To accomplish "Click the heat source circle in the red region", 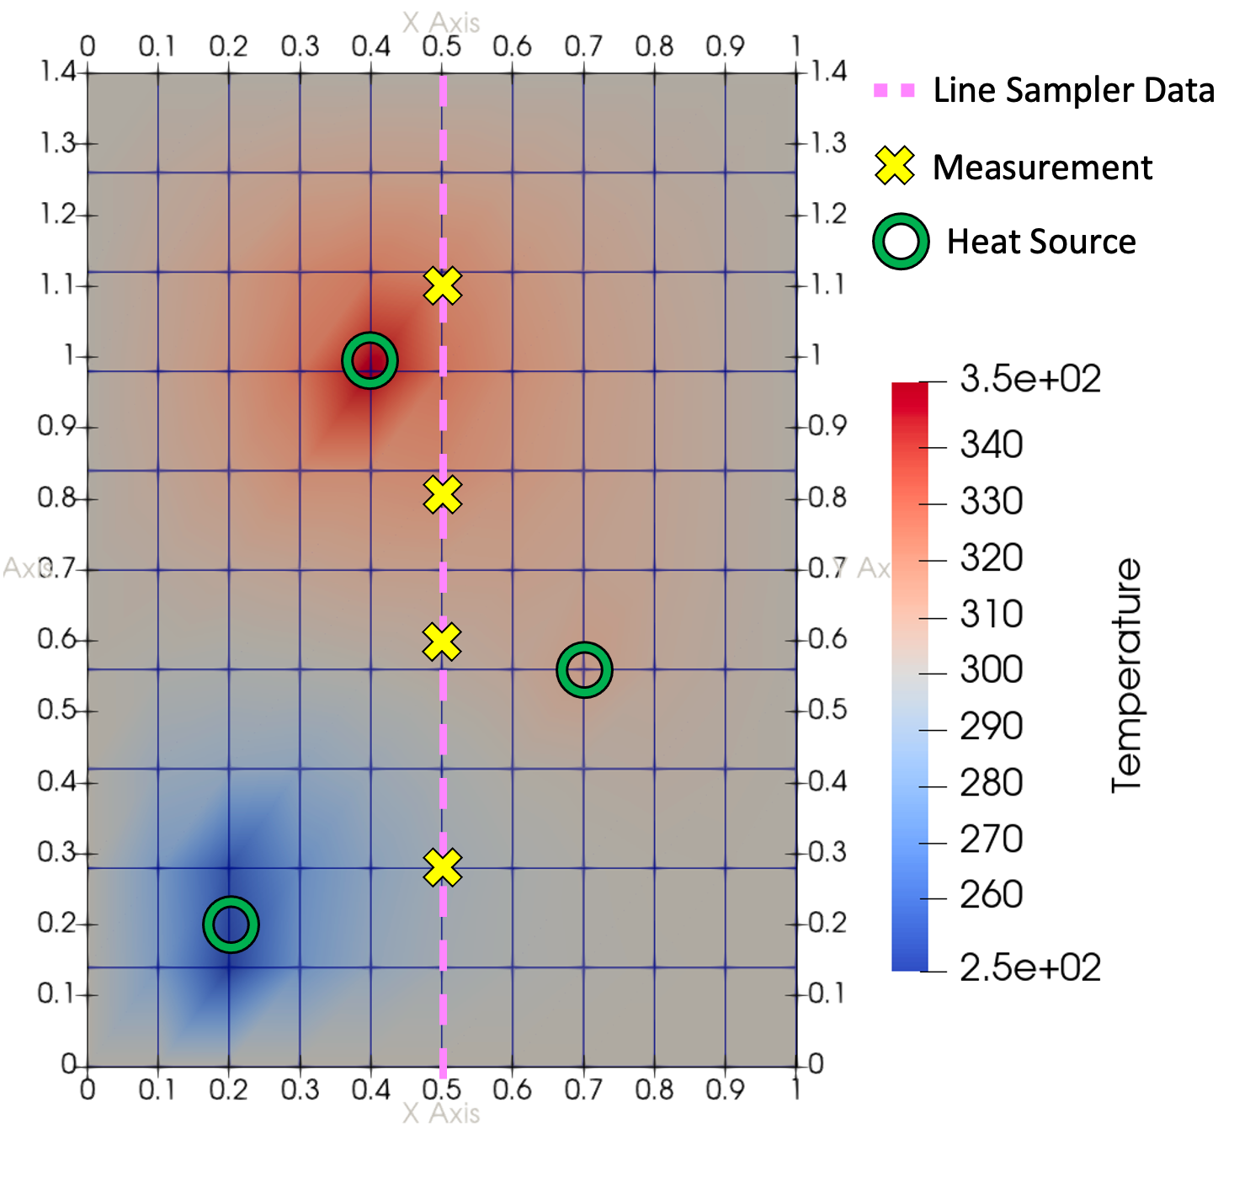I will click(x=370, y=360).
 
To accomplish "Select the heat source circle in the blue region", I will click(x=231, y=924).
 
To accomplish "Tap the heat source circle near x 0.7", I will click(x=584, y=670).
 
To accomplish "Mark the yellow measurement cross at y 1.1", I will click(x=443, y=285).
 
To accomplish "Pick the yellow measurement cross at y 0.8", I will click(x=443, y=495).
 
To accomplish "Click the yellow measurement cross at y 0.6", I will click(x=442, y=642).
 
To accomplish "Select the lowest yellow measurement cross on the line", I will click(x=443, y=868).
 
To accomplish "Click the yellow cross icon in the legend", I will click(x=894, y=166).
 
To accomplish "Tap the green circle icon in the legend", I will click(x=901, y=242).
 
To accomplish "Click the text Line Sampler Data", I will click(x=1073, y=90).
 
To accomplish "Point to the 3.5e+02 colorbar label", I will click(x=1029, y=380).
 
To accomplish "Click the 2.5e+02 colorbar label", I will click(x=1029, y=968).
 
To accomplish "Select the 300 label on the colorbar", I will click(x=992, y=670).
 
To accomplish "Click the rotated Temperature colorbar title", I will click(x=1126, y=675).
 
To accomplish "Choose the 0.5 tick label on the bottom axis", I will click(x=442, y=1089).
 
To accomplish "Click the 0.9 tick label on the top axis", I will click(x=725, y=46).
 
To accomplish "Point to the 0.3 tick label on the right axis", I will click(x=827, y=852).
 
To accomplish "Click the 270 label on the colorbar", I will click(x=992, y=839).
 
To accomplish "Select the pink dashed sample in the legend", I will click(x=894, y=90).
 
